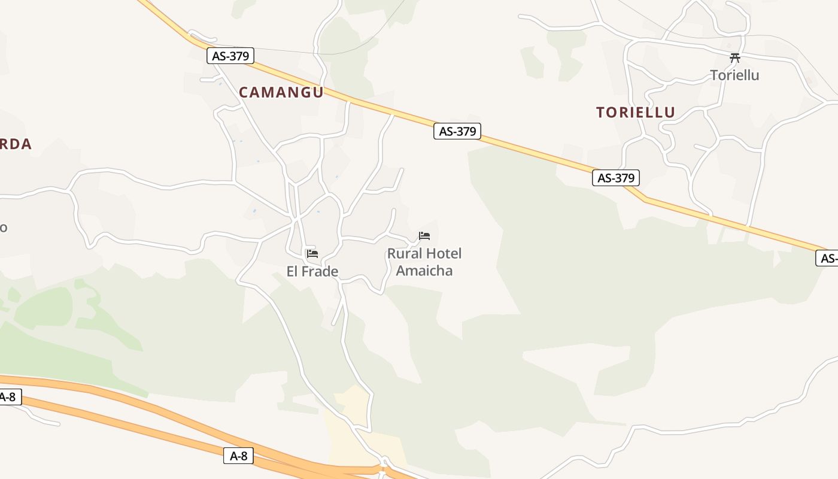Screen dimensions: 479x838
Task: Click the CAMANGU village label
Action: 281,92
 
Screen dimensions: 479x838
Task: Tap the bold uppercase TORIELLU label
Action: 635,112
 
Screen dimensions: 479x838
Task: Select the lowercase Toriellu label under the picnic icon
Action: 734,75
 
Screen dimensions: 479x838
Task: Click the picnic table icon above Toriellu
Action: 735,58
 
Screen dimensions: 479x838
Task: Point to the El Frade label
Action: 312,272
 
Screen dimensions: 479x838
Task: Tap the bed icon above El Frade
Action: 312,254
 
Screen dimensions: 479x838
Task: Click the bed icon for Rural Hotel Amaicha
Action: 424,236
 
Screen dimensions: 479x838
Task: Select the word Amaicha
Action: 424,271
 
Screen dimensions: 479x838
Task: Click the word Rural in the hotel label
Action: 405,253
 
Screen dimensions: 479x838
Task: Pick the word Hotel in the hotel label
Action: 444,253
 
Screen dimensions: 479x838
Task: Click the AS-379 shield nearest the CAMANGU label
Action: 230,56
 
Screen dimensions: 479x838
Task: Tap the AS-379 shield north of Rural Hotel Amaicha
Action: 457,131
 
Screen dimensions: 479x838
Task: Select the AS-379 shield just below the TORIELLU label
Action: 616,178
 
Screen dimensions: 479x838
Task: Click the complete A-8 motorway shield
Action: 238,456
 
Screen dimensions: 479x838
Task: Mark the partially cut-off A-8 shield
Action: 9,396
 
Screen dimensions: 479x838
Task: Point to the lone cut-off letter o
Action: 3,228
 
